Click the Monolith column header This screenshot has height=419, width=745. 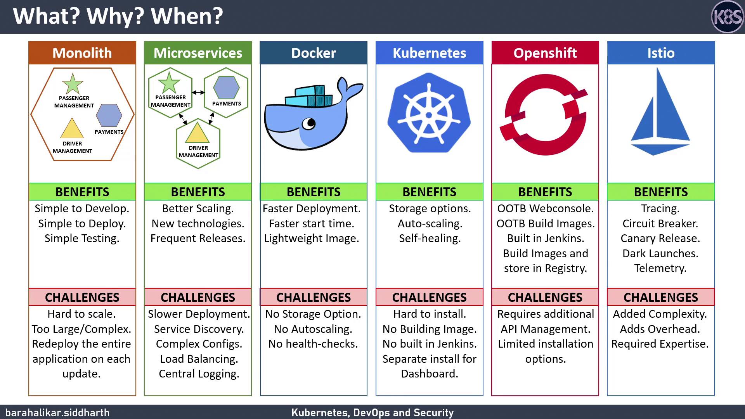82,53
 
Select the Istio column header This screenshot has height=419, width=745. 661,53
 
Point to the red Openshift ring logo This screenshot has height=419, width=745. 546,115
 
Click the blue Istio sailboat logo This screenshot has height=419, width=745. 660,112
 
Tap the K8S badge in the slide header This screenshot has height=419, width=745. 727,17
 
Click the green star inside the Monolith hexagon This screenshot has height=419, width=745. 73,83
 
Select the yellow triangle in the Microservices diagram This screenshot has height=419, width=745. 198,133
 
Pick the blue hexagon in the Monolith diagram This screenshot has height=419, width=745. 109,115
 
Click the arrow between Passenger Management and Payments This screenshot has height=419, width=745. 198,92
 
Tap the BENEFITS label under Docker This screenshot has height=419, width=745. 314,192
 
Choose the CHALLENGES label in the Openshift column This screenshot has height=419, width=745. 545,297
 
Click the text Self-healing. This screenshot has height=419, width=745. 430,238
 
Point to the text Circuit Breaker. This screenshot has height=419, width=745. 660,223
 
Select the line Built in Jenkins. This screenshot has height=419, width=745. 546,238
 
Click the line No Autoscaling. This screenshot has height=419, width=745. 313,329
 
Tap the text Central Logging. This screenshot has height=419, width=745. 199,374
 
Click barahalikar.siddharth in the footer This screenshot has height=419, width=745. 57,412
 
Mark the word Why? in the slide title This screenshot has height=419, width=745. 115,16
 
